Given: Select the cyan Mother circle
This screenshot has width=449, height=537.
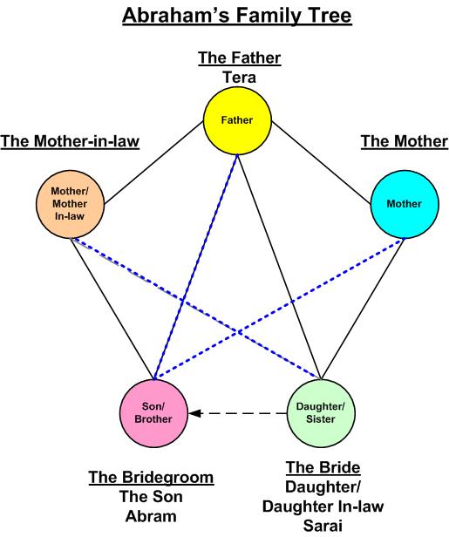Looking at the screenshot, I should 404,203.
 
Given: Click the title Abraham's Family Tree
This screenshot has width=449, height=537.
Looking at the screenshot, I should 237,16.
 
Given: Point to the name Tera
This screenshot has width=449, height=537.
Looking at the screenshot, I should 239,78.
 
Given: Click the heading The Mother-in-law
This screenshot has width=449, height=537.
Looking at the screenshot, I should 71,141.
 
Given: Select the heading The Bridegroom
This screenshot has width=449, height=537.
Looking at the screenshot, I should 151,478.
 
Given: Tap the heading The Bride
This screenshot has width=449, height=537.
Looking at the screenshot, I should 323,467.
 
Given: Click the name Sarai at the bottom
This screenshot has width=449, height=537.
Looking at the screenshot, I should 323,526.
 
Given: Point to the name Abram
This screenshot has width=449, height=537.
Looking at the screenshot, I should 152,516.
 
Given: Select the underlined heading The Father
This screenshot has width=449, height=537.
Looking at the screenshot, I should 239,58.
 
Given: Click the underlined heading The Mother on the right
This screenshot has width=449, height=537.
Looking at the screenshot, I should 404,141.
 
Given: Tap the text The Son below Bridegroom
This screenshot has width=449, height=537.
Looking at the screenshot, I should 152,497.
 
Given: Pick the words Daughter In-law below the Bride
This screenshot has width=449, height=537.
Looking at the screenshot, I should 323,506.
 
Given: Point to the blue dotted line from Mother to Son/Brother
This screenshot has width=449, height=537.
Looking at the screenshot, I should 279,308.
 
